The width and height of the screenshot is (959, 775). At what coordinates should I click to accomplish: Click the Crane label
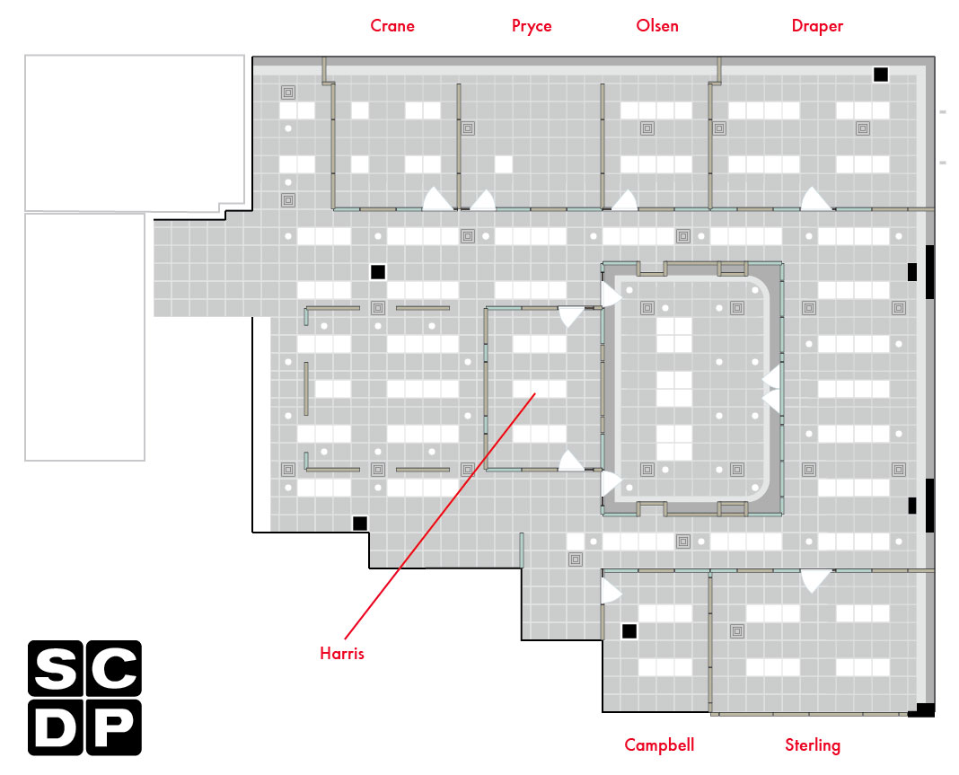pyautogui.click(x=392, y=26)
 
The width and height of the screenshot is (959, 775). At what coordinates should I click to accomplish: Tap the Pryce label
pyautogui.click(x=532, y=26)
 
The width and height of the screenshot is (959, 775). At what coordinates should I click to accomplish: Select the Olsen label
pyautogui.click(x=657, y=26)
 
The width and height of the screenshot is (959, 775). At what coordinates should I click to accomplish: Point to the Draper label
pyautogui.click(x=817, y=26)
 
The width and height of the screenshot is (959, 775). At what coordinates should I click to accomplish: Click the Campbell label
pyautogui.click(x=659, y=745)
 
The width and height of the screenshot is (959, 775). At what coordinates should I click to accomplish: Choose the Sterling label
pyautogui.click(x=813, y=745)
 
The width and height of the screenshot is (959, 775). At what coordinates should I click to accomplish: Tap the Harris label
pyautogui.click(x=342, y=653)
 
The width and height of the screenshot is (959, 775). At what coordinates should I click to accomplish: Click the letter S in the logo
pyautogui.click(x=55, y=668)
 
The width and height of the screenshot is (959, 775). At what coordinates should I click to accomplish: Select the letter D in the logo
pyautogui.click(x=55, y=728)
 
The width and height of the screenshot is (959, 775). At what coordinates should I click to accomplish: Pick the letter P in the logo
pyautogui.click(x=114, y=728)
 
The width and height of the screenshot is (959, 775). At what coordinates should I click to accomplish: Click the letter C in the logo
pyautogui.click(x=114, y=668)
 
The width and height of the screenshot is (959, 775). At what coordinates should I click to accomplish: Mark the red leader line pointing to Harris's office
pyautogui.click(x=440, y=516)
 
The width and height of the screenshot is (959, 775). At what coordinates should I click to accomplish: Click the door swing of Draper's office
pyautogui.click(x=815, y=198)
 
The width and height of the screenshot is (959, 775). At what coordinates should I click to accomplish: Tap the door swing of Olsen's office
pyautogui.click(x=625, y=200)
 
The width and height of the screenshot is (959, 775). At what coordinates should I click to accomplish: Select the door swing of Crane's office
pyautogui.click(x=438, y=198)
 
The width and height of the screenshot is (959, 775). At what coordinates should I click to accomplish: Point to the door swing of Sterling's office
pyautogui.click(x=815, y=581)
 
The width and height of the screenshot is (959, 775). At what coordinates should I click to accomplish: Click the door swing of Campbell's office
pyautogui.click(x=611, y=591)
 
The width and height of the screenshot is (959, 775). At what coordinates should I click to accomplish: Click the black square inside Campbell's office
pyautogui.click(x=629, y=631)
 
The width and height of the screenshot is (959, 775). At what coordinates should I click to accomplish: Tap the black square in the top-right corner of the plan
pyautogui.click(x=881, y=74)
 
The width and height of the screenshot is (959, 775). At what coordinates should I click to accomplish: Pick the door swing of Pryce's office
pyautogui.click(x=483, y=200)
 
